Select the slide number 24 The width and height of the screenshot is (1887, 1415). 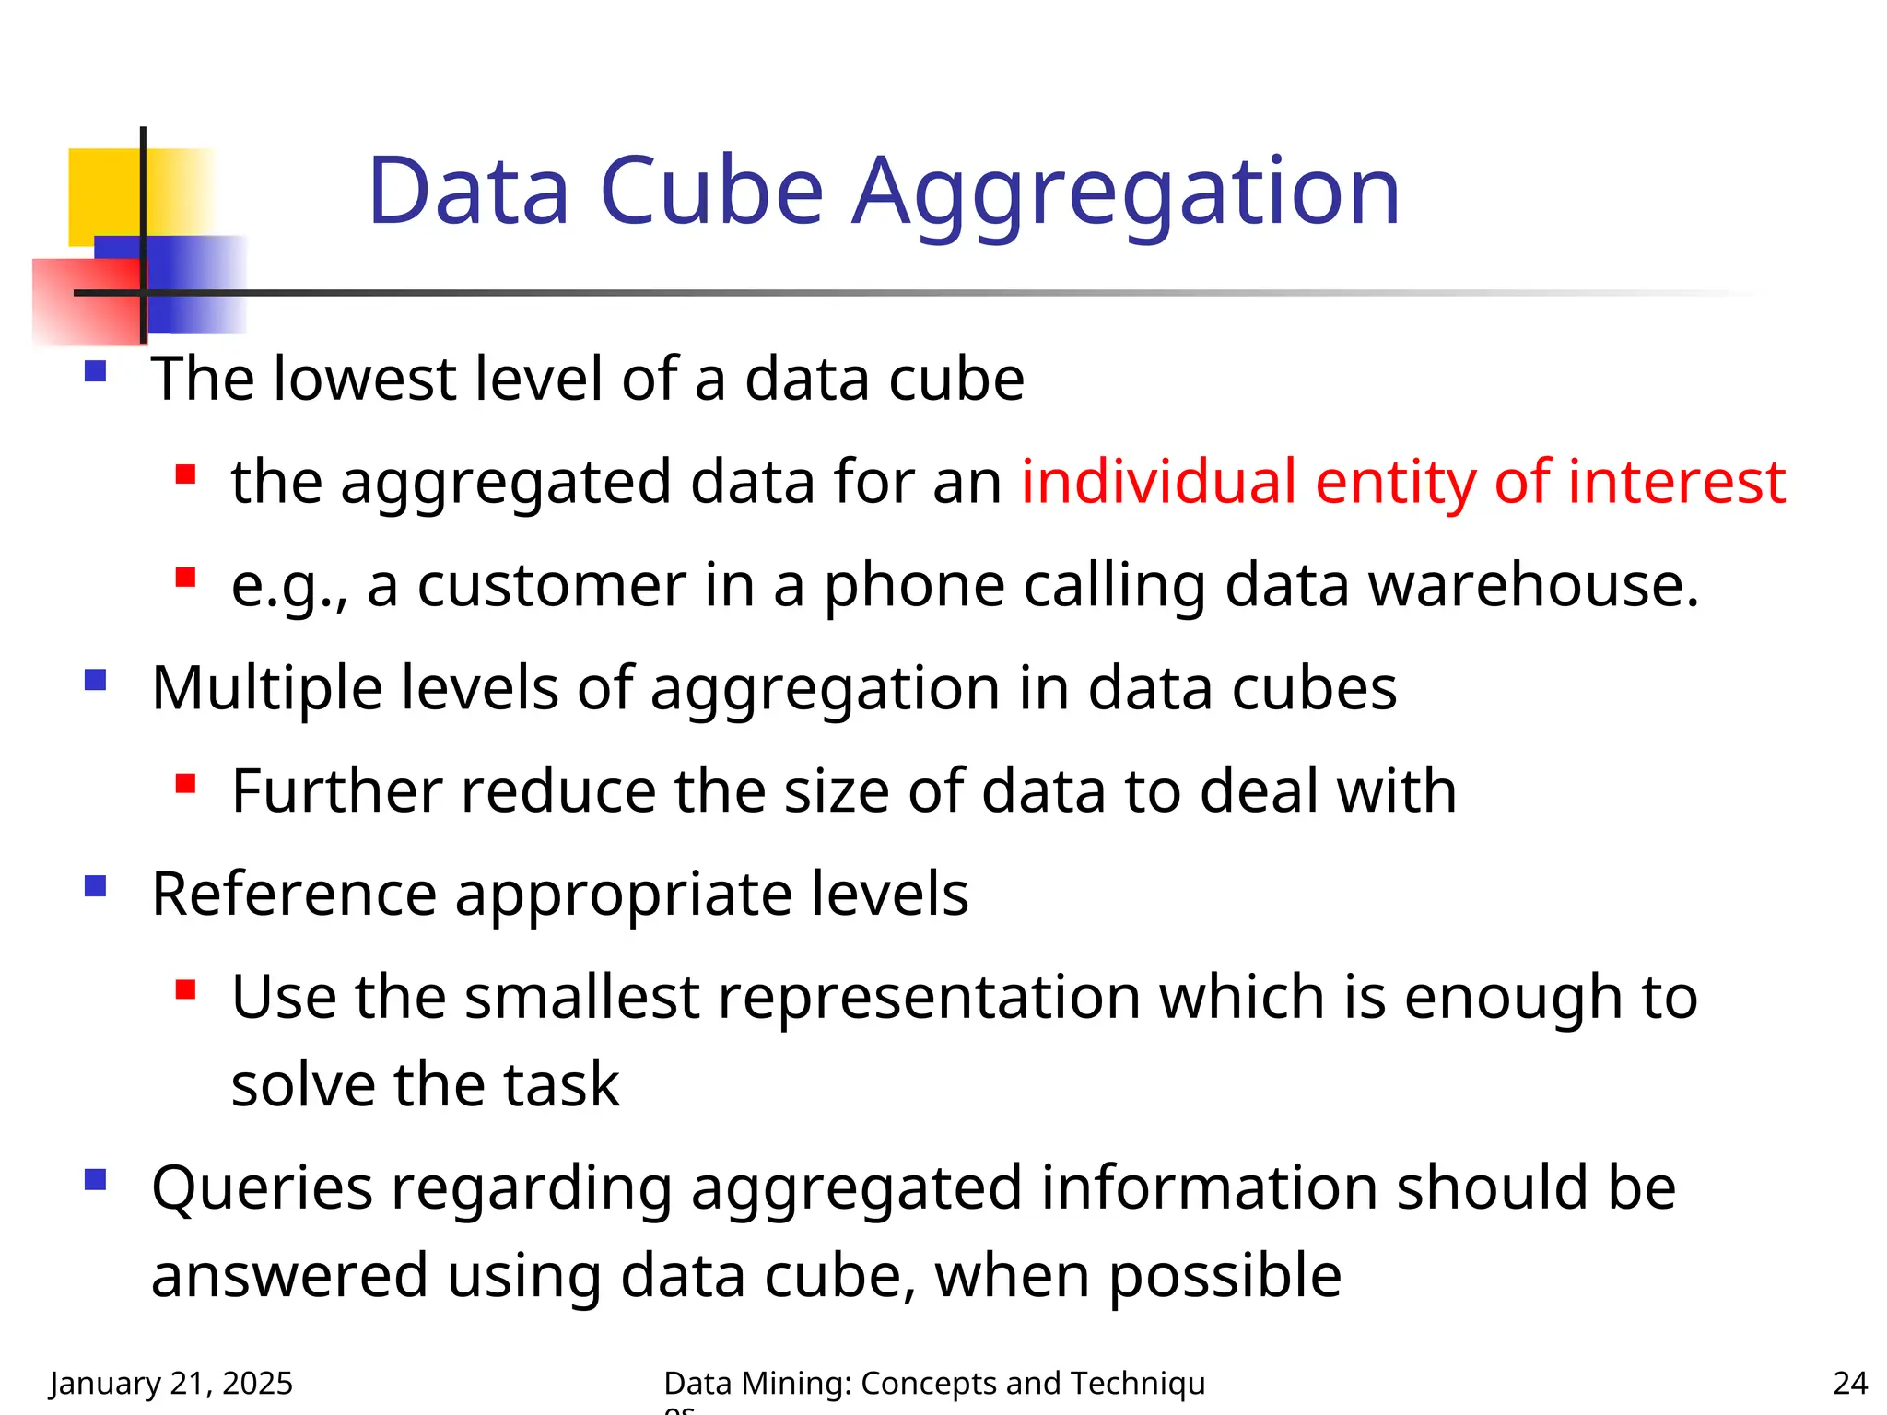pos(1850,1383)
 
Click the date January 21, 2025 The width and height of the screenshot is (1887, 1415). pos(171,1383)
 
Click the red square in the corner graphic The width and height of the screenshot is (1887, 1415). pos(83,299)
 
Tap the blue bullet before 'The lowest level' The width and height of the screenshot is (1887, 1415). pos(95,372)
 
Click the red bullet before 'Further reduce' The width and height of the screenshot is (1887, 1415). pos(185,784)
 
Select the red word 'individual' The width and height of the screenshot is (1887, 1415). pos(1159,481)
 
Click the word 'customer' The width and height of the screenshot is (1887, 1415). pos(551,585)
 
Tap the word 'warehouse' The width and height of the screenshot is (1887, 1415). pos(1532,585)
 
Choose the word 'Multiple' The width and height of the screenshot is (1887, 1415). pos(266,688)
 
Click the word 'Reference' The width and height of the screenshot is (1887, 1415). pos(294,894)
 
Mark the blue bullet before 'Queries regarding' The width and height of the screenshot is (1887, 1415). pos(95,1180)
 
